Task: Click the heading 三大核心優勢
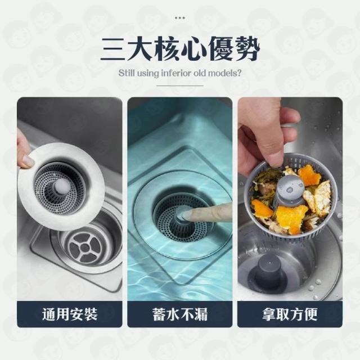click(x=180, y=49)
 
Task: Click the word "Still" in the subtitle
click(x=126, y=73)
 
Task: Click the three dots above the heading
click(x=180, y=17)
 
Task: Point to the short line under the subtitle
click(x=180, y=85)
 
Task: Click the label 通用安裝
click(x=70, y=314)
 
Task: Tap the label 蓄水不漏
click(x=180, y=314)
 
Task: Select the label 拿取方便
click(x=290, y=314)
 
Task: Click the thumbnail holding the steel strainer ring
click(x=70, y=199)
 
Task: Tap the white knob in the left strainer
click(x=60, y=185)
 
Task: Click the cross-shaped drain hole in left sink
click(x=85, y=248)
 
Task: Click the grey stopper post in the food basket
click(x=289, y=192)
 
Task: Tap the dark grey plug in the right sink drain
click(x=269, y=274)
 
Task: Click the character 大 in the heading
click(x=140, y=49)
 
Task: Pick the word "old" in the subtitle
click(x=200, y=73)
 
